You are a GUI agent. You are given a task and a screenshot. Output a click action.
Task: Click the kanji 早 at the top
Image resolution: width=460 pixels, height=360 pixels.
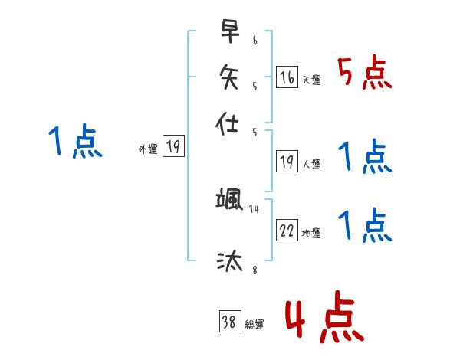click(x=230, y=31)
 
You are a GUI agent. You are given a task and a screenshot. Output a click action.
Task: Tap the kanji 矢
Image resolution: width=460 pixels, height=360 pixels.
click(x=230, y=76)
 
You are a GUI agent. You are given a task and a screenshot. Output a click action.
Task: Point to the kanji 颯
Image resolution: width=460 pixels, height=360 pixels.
click(x=230, y=201)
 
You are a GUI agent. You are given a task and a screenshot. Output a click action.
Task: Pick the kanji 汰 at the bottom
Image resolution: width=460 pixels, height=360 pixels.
click(x=230, y=262)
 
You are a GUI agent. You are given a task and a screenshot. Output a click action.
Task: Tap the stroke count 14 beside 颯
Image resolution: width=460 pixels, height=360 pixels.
click(x=255, y=209)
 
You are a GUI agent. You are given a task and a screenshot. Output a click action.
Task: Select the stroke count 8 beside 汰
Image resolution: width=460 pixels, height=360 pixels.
click(x=255, y=270)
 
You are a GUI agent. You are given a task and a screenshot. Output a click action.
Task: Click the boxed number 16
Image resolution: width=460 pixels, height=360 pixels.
click(x=287, y=77)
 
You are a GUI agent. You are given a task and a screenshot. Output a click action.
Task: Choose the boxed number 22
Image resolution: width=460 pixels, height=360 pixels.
click(x=287, y=231)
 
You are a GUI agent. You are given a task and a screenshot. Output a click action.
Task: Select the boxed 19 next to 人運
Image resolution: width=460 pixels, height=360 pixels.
click(x=287, y=161)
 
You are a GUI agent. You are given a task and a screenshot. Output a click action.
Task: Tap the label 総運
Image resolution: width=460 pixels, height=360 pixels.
click(x=255, y=325)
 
